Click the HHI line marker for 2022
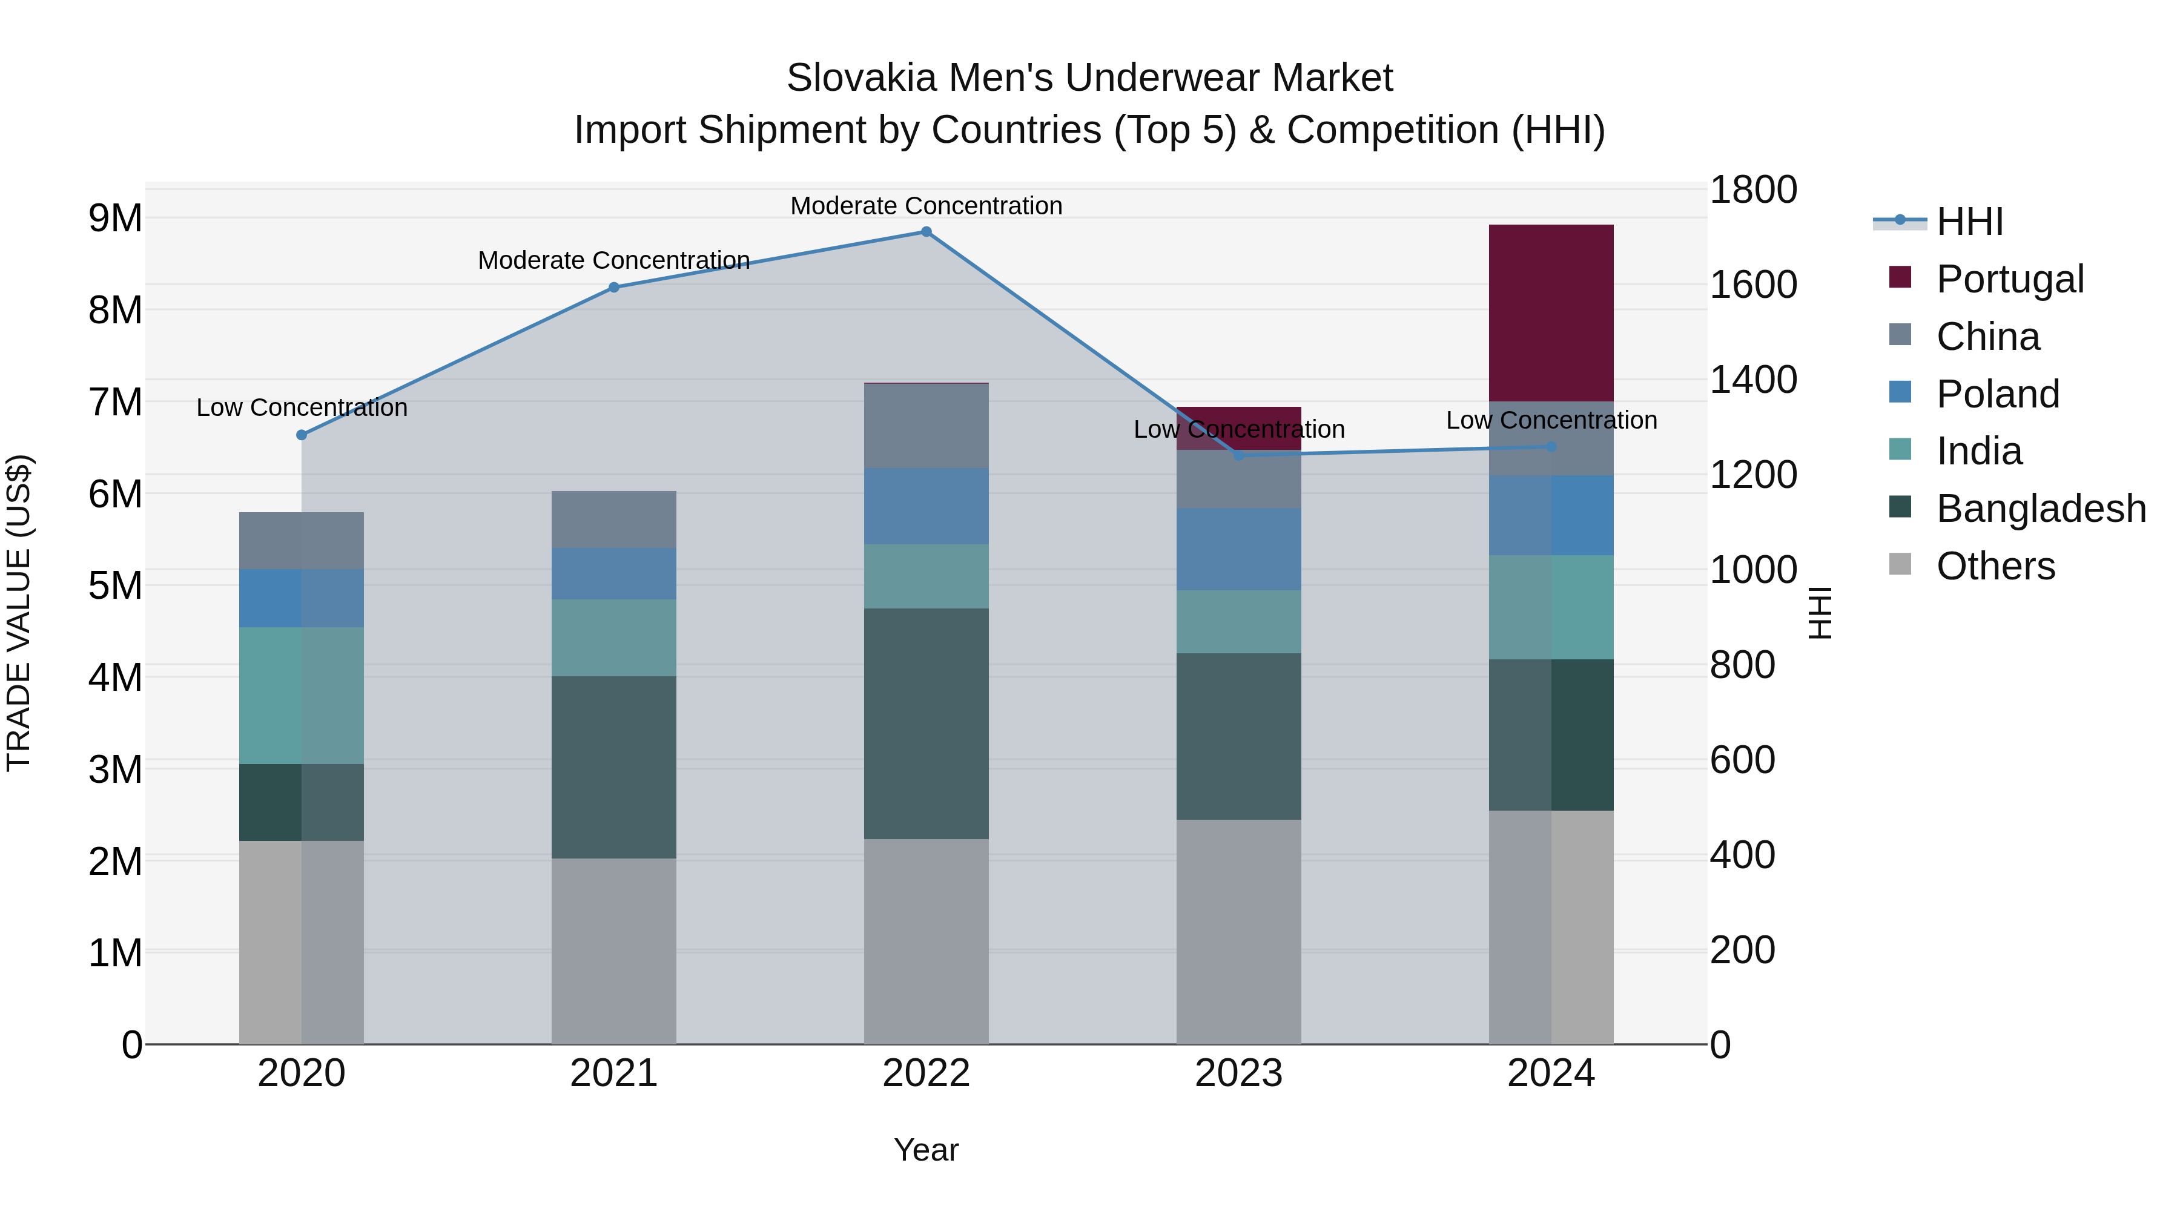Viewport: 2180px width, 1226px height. point(926,232)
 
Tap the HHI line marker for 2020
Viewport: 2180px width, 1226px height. point(302,435)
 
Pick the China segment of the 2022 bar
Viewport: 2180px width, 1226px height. point(926,426)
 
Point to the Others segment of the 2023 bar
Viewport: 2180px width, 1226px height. point(1238,931)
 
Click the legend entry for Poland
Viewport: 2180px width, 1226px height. point(1997,394)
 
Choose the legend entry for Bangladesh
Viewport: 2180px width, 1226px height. point(2040,509)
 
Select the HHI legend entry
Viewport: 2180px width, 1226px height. point(1969,222)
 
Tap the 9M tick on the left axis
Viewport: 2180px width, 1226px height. point(115,219)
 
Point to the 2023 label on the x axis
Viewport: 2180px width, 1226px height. point(1238,1073)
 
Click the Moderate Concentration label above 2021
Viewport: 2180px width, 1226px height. point(613,260)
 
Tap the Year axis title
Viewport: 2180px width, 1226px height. point(926,1150)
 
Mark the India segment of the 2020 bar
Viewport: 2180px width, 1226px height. point(302,696)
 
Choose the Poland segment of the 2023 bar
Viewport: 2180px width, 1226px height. point(1238,549)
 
